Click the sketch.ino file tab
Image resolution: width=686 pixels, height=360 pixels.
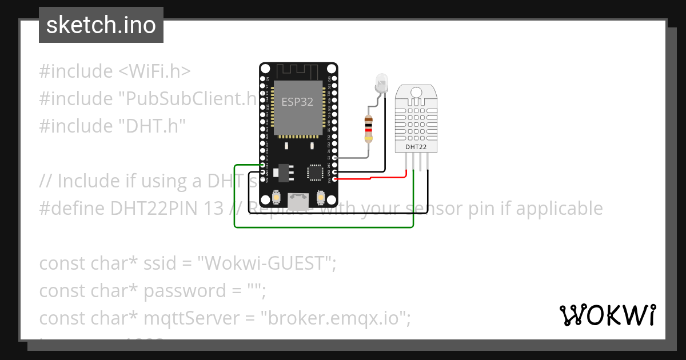(101, 25)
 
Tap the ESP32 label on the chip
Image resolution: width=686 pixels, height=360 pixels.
(297, 102)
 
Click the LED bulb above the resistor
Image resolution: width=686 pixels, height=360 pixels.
(381, 84)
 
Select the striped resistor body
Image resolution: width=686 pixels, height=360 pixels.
(369, 129)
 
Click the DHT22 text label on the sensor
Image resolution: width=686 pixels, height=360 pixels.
(416, 147)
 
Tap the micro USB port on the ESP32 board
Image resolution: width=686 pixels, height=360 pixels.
(297, 200)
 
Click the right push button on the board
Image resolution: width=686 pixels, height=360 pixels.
(320, 197)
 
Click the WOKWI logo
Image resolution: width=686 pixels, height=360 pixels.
(607, 315)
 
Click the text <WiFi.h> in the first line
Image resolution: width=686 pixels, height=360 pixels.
(154, 71)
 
